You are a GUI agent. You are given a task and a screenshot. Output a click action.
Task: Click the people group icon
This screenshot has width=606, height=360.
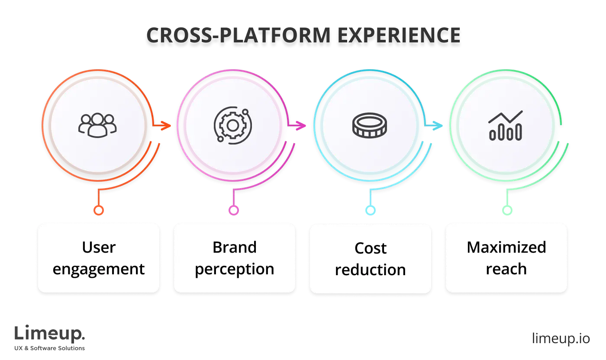(97, 125)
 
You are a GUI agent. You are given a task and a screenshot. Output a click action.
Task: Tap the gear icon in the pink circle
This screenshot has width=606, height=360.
(233, 126)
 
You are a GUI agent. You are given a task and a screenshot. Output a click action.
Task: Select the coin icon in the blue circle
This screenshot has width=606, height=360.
(369, 126)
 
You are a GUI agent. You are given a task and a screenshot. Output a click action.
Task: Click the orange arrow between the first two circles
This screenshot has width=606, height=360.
(163, 126)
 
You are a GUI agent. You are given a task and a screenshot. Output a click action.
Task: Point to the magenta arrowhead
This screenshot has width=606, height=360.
(300, 125)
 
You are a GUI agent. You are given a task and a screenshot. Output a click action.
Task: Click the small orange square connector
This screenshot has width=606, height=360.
(99, 211)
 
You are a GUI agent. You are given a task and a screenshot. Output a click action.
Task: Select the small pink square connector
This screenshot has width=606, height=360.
(234, 211)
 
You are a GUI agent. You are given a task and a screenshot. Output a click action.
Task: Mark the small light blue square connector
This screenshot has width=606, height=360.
(371, 211)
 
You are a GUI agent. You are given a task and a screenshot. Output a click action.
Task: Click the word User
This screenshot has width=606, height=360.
(99, 247)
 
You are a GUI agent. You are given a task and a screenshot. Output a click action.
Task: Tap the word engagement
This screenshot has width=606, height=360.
(99, 269)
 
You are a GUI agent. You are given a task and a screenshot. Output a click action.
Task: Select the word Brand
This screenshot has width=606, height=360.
(235, 247)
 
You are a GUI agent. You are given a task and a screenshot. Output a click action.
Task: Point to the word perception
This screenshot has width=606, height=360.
(235, 269)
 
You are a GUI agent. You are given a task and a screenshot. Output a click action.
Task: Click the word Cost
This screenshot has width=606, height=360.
(371, 248)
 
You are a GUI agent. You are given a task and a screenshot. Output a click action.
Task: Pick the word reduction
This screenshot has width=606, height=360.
(371, 270)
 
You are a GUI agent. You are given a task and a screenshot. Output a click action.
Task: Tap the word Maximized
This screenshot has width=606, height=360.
(506, 247)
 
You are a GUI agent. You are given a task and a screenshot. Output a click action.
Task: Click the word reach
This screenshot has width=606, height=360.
(506, 269)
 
